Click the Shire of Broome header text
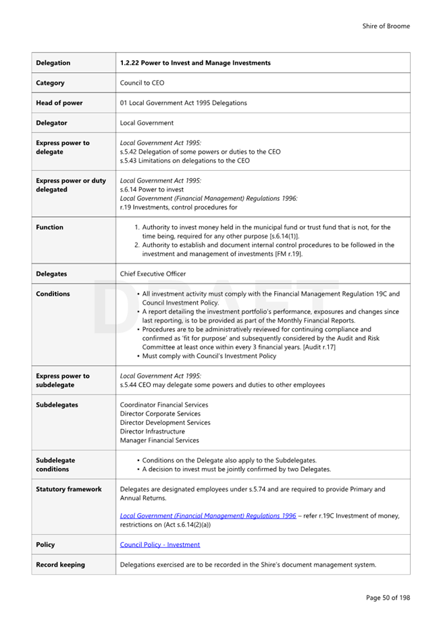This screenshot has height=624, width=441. click(386, 26)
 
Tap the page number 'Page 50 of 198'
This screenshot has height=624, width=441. click(388, 597)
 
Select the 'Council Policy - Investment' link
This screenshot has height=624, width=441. click(159, 544)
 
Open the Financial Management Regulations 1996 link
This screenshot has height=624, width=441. click(207, 515)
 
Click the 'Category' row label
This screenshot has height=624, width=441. click(50, 83)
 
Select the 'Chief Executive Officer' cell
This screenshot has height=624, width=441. click(153, 274)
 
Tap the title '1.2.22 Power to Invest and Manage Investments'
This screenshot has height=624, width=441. click(195, 63)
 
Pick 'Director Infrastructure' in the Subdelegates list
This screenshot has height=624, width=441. click(152, 431)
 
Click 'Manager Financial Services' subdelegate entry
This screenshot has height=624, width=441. click(159, 440)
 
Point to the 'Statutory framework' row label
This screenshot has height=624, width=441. click(68, 489)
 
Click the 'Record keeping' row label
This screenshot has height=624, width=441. click(60, 565)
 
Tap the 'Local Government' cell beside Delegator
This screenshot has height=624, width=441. click(147, 123)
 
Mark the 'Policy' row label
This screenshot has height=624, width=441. click(45, 544)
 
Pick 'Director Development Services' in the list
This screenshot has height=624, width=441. click(165, 422)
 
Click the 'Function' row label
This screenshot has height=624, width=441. click(49, 228)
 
